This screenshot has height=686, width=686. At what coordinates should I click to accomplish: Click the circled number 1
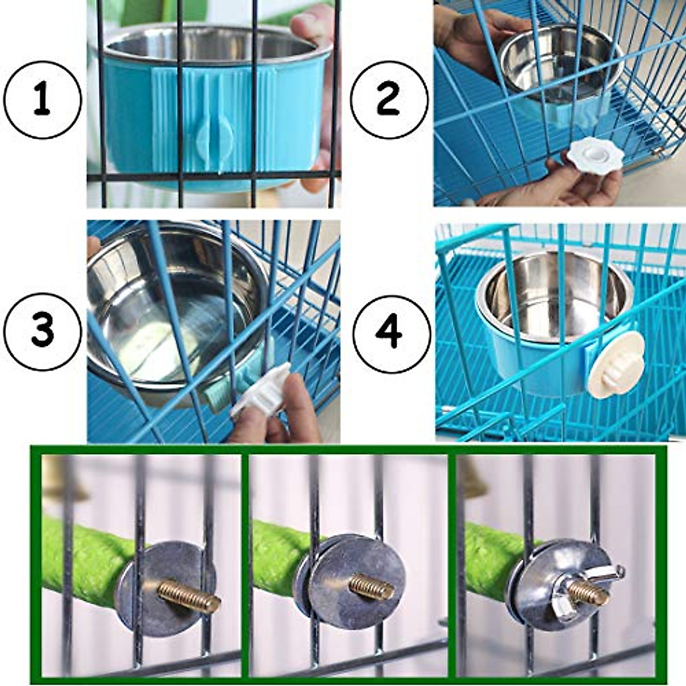tap(42, 100)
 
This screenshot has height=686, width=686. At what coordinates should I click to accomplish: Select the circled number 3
tap(42, 330)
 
